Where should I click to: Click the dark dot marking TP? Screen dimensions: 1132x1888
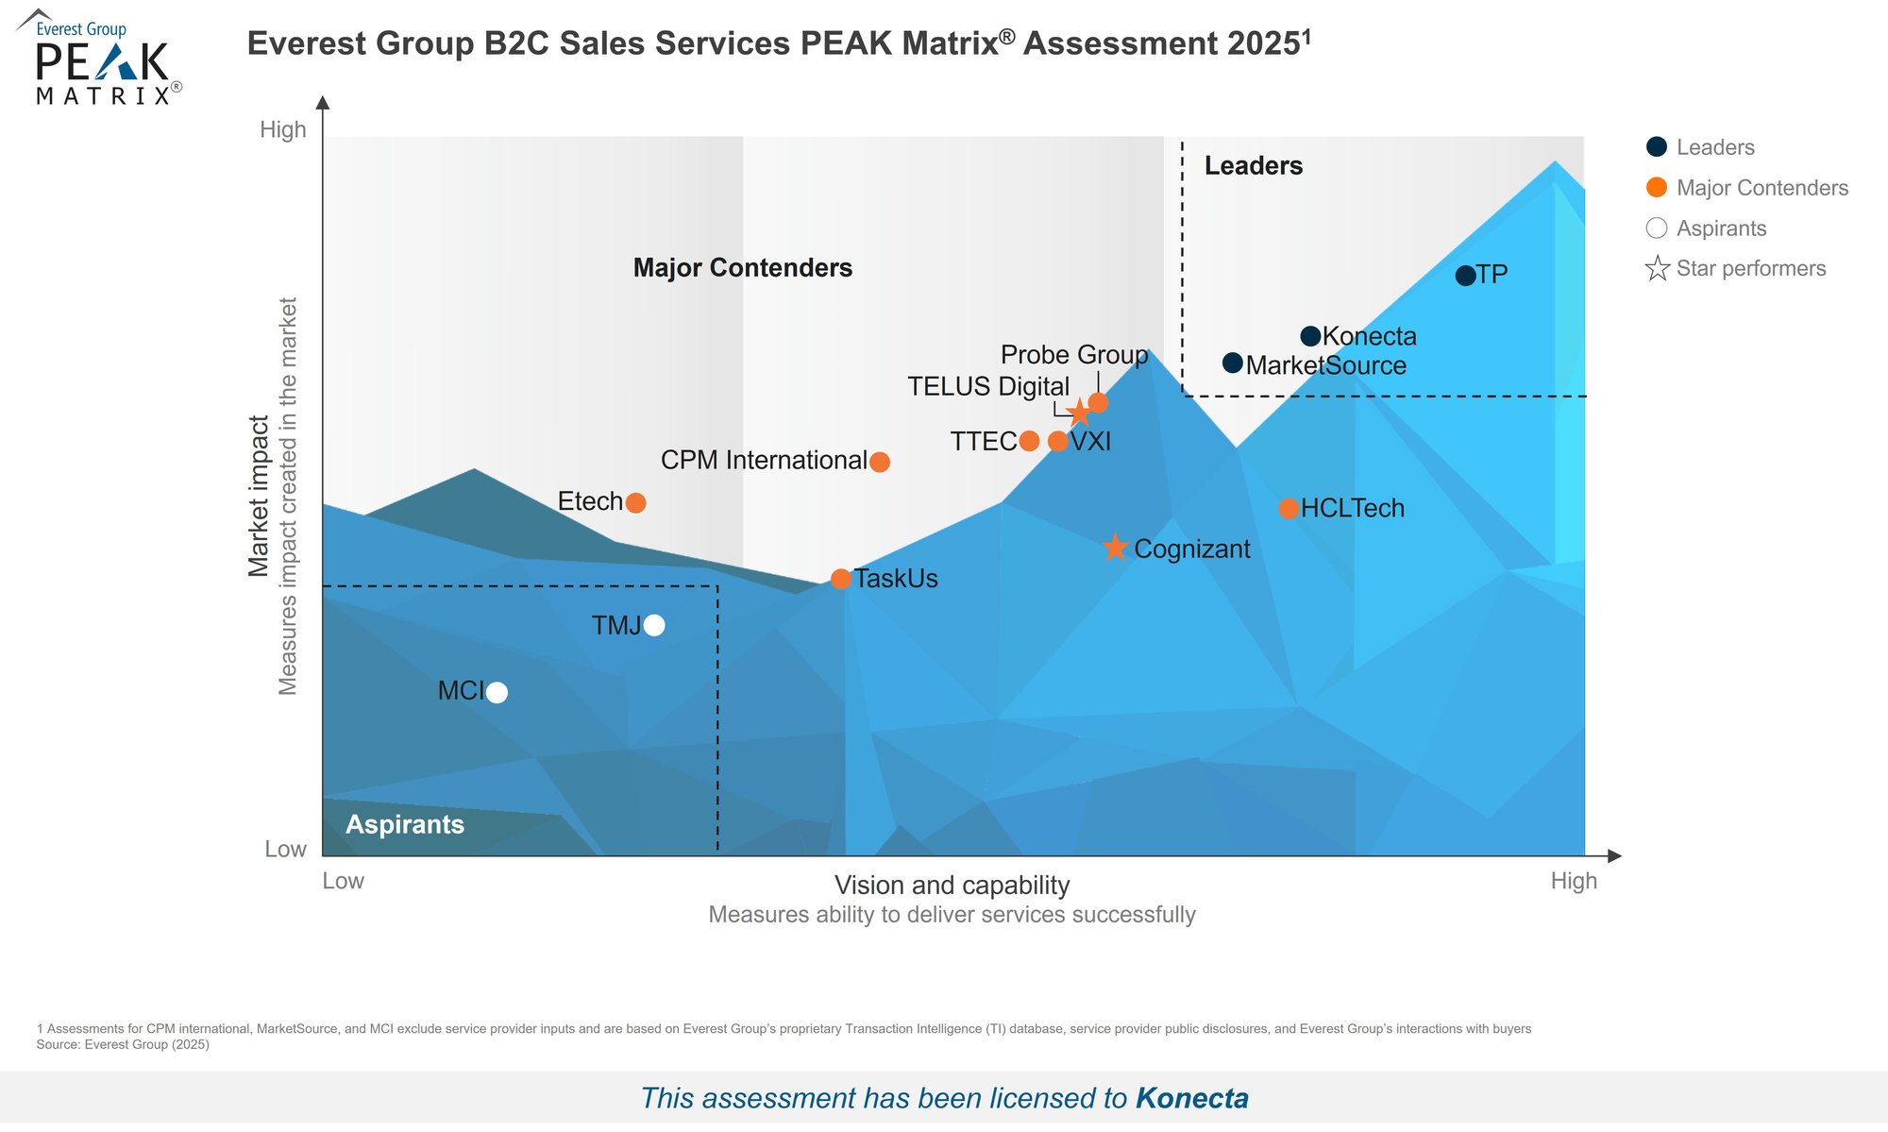pyautogui.click(x=1465, y=276)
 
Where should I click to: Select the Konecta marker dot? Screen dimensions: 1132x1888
pyautogui.click(x=1310, y=336)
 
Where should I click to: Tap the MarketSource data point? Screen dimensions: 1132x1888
pyautogui.click(x=1232, y=363)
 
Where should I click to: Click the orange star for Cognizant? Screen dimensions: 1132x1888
pyautogui.click(x=1115, y=548)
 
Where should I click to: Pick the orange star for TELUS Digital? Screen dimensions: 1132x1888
pyautogui.click(x=1079, y=413)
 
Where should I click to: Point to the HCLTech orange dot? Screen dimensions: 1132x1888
pyautogui.click(x=1289, y=509)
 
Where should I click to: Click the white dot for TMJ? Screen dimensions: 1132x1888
pyautogui.click(x=654, y=625)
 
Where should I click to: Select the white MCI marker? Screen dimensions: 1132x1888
pyautogui.click(x=497, y=693)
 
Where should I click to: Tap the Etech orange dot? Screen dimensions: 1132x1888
pyautogui.click(x=635, y=502)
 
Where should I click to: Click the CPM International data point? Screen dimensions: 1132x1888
pyautogui.click(x=879, y=462)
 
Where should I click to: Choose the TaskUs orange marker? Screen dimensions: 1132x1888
pyautogui.click(x=840, y=579)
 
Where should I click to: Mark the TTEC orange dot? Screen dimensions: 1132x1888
pyautogui.click(x=1029, y=441)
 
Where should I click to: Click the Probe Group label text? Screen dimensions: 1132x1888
pyautogui.click(x=1073, y=355)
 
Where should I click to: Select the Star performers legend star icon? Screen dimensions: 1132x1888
pyautogui.click(x=1657, y=269)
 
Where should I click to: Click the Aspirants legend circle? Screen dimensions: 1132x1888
pyautogui.click(x=1657, y=228)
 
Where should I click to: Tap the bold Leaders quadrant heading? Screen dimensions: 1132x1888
pyautogui.click(x=1253, y=166)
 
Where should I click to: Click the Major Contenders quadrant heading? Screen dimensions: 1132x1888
pyautogui.click(x=742, y=268)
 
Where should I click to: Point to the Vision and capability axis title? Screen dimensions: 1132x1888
pyautogui.click(x=952, y=886)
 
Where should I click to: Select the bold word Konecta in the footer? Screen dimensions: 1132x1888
pyautogui.click(x=1191, y=1098)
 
